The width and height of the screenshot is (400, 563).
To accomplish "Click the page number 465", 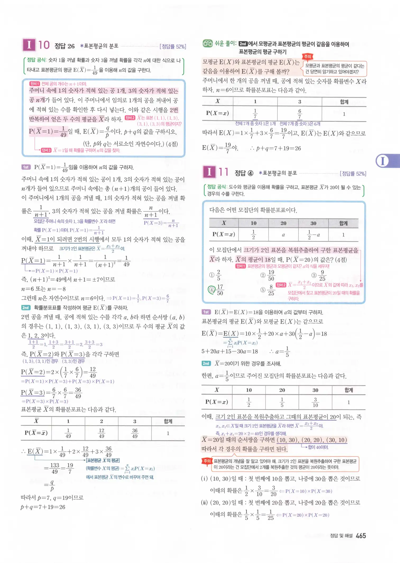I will (x=361, y=536).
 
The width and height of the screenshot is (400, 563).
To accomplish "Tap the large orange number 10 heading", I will (x=44, y=45).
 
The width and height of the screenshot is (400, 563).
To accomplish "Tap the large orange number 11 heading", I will (x=223, y=172).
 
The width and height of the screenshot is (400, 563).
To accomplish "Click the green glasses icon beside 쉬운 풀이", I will (x=208, y=43).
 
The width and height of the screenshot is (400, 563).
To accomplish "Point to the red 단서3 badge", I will (x=46, y=150).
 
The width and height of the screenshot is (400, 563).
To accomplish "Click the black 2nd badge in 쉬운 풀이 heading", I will (x=243, y=44).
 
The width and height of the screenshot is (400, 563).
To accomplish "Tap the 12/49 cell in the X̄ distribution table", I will (x=102, y=433).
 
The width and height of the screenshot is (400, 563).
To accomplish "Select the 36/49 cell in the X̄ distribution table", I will (x=135, y=433).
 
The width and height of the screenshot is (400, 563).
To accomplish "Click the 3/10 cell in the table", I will (x=315, y=402).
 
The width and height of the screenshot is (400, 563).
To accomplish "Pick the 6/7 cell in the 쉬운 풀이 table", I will (x=300, y=114).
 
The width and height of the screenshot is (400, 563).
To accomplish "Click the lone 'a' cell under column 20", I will (x=283, y=235).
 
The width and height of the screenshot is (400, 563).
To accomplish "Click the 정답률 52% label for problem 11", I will (x=353, y=174).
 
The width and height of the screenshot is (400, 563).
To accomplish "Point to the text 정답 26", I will (x=65, y=46).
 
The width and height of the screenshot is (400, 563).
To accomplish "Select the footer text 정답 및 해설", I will (x=341, y=536).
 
